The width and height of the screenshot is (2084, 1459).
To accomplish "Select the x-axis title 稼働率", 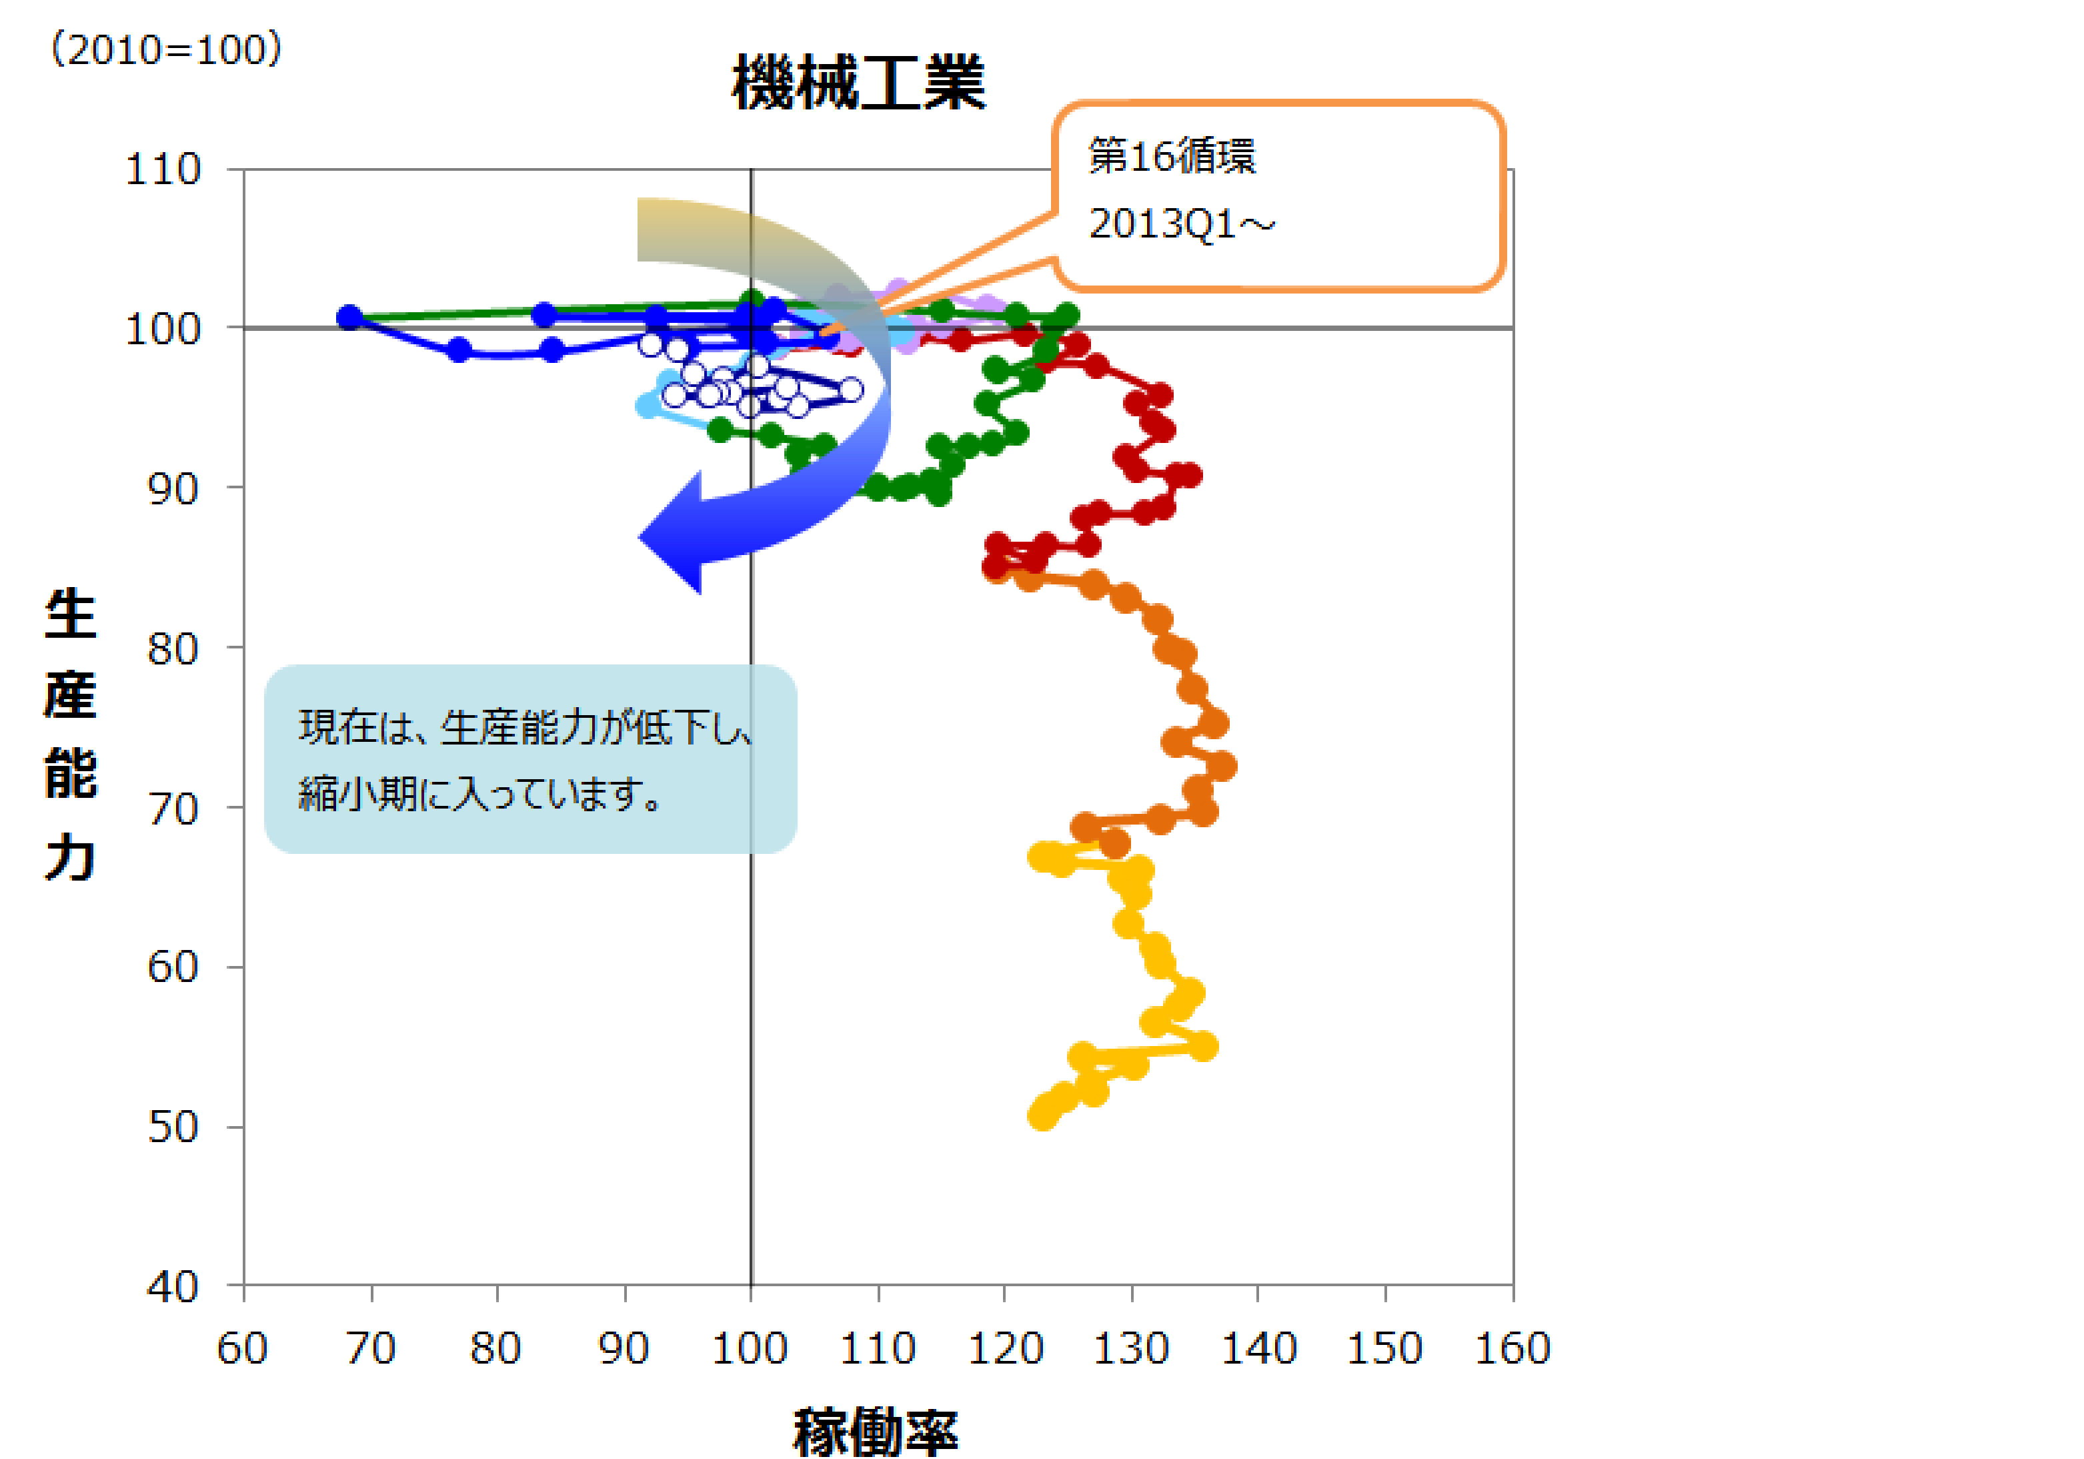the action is tap(875, 1432).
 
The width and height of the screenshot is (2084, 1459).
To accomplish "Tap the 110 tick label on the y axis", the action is tap(163, 169).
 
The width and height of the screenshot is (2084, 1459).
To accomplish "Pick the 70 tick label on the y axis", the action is tap(173, 809).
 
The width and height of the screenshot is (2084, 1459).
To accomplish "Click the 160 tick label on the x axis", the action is tap(1512, 1348).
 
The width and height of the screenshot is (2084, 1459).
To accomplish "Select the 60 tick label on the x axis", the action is tap(242, 1348).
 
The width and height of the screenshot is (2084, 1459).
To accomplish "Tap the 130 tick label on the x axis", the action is tap(1131, 1348).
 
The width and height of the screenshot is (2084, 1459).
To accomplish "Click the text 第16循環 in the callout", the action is tap(1172, 156).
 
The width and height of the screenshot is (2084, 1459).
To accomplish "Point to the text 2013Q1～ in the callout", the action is tap(1182, 223).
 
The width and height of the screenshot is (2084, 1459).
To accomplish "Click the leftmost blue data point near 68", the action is tap(349, 318).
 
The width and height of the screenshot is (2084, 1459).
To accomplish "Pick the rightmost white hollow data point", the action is tap(850, 390).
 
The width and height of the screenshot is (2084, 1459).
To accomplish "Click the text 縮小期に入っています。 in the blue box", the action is tap(480, 795).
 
